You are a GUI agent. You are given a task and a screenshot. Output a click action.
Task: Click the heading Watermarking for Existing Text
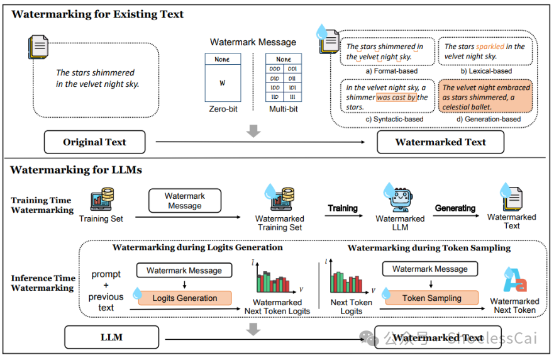point(97,14)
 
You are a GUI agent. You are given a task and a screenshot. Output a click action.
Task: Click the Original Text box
point(94,142)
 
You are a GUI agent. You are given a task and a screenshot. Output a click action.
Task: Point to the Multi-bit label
point(284,109)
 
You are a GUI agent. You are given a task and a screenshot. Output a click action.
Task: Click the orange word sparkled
point(490,47)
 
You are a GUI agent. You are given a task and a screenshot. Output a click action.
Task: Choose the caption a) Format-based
point(391,71)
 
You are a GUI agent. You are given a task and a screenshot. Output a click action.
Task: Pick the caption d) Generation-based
point(484,119)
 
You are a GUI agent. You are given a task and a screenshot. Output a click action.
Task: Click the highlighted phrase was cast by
point(396,98)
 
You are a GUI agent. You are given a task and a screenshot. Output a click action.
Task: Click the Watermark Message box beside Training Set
point(185,201)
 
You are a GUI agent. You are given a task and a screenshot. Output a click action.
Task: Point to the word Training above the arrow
point(343,208)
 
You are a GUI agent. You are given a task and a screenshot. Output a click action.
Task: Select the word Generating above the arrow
point(455,208)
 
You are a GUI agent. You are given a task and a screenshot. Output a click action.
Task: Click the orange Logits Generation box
point(185,298)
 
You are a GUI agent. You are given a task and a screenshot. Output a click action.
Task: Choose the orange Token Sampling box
point(431,298)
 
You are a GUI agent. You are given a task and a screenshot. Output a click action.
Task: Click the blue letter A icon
point(514,281)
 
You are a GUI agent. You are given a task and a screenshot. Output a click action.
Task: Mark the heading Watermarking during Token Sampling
point(429,247)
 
